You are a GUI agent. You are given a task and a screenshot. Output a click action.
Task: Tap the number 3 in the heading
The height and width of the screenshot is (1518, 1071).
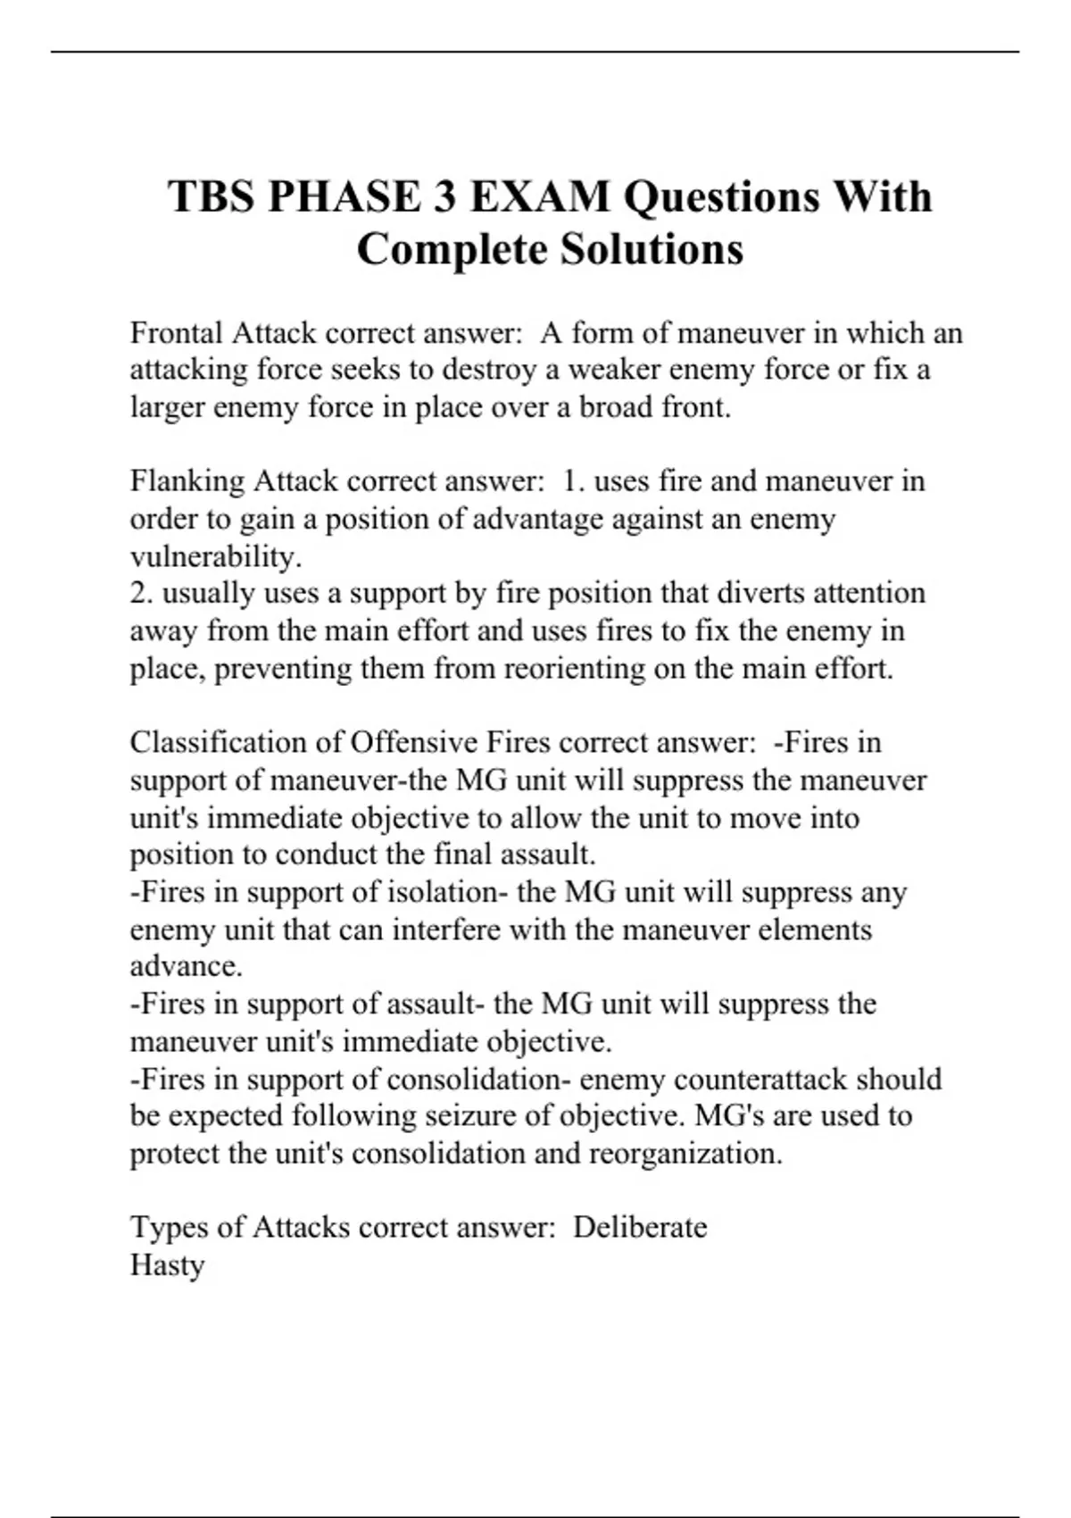point(436,196)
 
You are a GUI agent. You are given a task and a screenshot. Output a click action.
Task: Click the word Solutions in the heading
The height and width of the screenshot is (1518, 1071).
point(652,249)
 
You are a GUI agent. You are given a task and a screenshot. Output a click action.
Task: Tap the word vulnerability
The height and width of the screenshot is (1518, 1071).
point(213,557)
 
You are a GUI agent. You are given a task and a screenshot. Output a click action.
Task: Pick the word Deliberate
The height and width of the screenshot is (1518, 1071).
point(640,1228)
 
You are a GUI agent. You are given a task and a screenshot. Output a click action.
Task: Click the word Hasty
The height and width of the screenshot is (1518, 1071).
point(168,1265)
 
